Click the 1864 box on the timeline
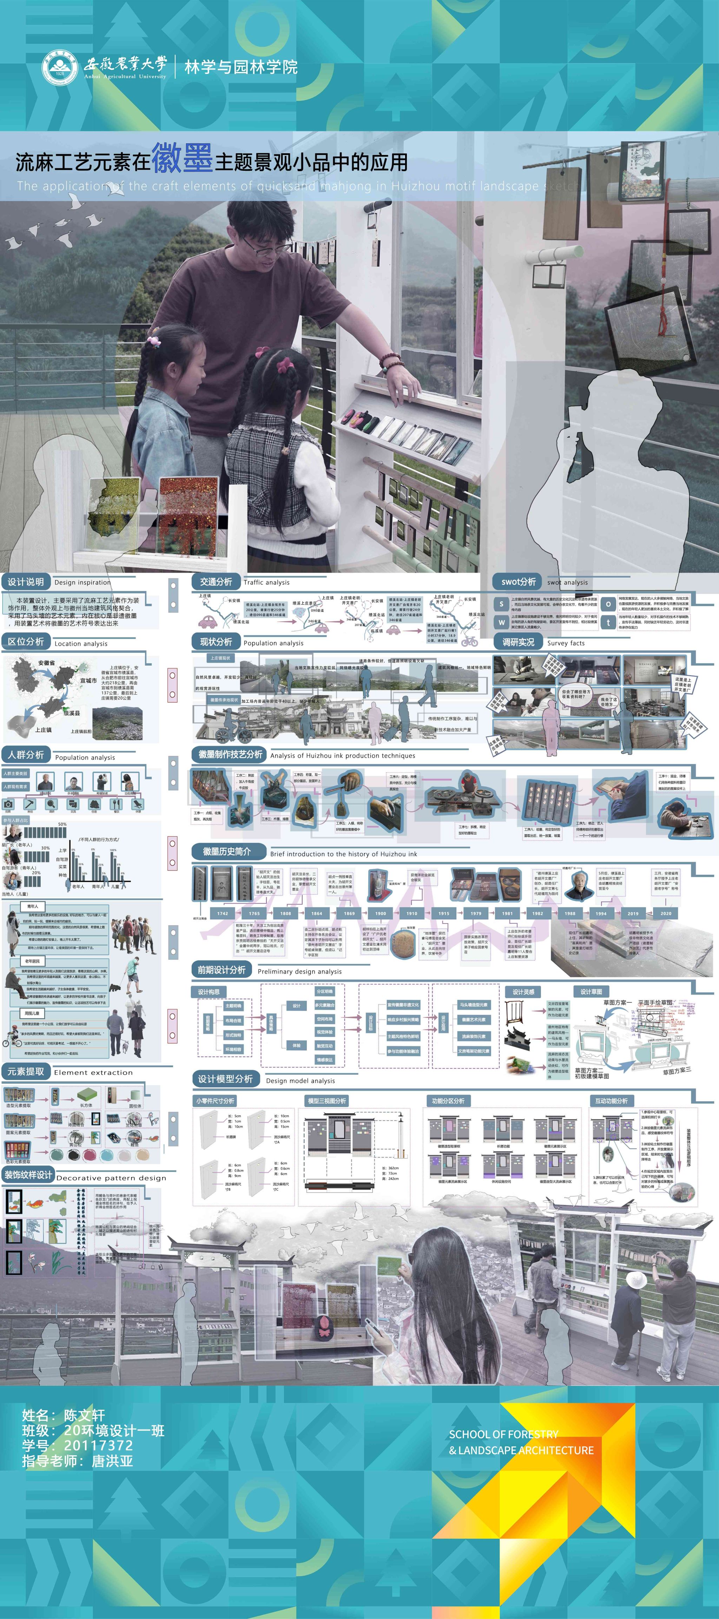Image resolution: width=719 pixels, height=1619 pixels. point(316,913)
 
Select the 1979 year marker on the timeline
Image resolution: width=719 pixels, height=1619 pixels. point(476,913)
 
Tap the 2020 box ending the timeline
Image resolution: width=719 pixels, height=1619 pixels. point(666,913)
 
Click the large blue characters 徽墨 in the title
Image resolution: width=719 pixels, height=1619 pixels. point(182,157)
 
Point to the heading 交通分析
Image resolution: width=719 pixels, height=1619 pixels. point(216,582)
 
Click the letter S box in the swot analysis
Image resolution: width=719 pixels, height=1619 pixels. point(501,604)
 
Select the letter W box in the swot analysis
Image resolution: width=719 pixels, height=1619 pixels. point(501,622)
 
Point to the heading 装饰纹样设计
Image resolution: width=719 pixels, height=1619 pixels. point(28,1175)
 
